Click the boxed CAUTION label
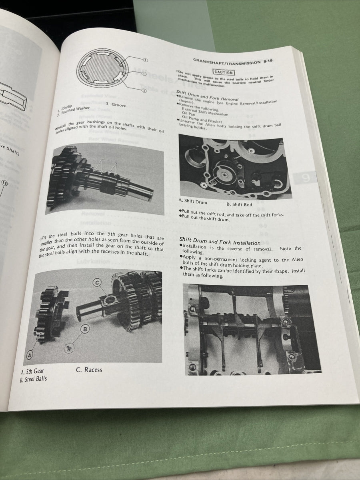click(x=223, y=72)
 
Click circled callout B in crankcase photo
click(x=251, y=151)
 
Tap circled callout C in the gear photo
click(x=97, y=283)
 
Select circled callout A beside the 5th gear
click(x=30, y=355)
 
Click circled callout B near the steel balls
click(x=85, y=329)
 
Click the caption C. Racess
click(x=89, y=370)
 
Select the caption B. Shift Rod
click(x=239, y=204)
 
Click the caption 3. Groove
click(x=116, y=105)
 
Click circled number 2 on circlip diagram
click(x=145, y=60)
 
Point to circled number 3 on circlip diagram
click(x=143, y=91)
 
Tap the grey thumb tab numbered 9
click(x=306, y=179)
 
